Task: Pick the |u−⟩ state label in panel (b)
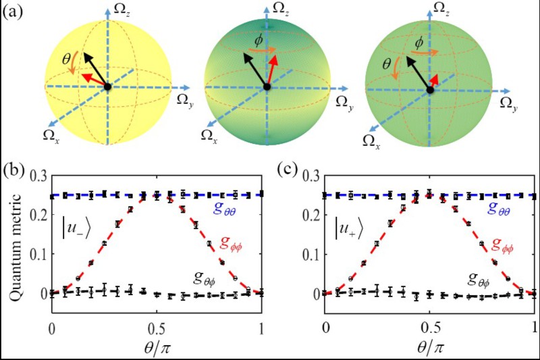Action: pyautogui.click(x=74, y=224)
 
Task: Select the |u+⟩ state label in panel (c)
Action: pyautogui.click(x=349, y=224)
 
